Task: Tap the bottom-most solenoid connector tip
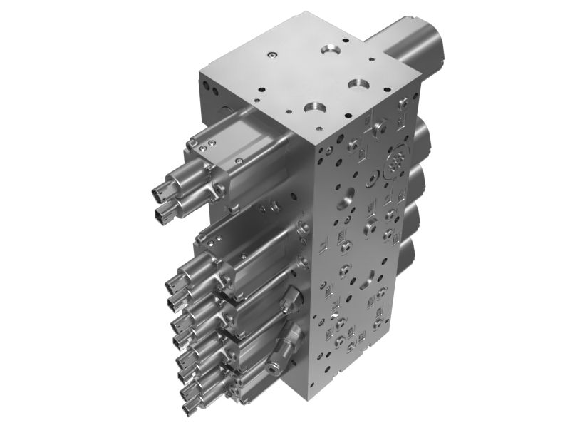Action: (x=189, y=409)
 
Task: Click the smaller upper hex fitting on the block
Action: (x=290, y=302)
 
